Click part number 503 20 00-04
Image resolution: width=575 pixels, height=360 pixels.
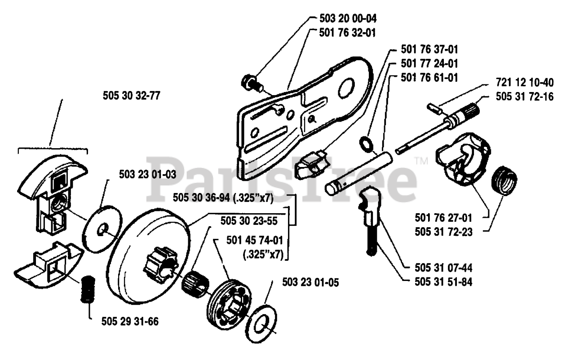tap(348, 18)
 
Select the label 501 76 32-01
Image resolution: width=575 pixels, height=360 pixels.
tap(347, 33)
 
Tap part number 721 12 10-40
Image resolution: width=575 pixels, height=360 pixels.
tap(525, 83)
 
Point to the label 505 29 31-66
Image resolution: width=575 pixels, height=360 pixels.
tap(130, 321)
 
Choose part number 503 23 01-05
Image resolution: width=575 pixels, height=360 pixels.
tap(310, 282)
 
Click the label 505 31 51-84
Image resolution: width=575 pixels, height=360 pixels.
tap(443, 282)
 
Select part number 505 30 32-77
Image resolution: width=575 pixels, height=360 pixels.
tap(132, 96)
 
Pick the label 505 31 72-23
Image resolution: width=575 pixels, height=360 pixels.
tap(443, 232)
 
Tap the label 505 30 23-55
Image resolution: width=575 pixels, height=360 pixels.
tap(249, 221)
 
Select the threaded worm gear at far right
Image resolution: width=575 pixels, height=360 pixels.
tap(504, 180)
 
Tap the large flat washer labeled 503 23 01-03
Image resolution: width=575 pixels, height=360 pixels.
tap(102, 229)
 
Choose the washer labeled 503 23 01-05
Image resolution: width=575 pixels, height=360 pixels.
tap(261, 324)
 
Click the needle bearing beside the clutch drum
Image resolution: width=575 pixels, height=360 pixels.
tap(195, 284)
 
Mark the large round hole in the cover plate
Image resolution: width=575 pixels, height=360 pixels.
tap(346, 88)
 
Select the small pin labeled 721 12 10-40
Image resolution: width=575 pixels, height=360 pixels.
tap(434, 110)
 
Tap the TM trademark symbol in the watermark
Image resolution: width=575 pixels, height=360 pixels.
tap(421, 161)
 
